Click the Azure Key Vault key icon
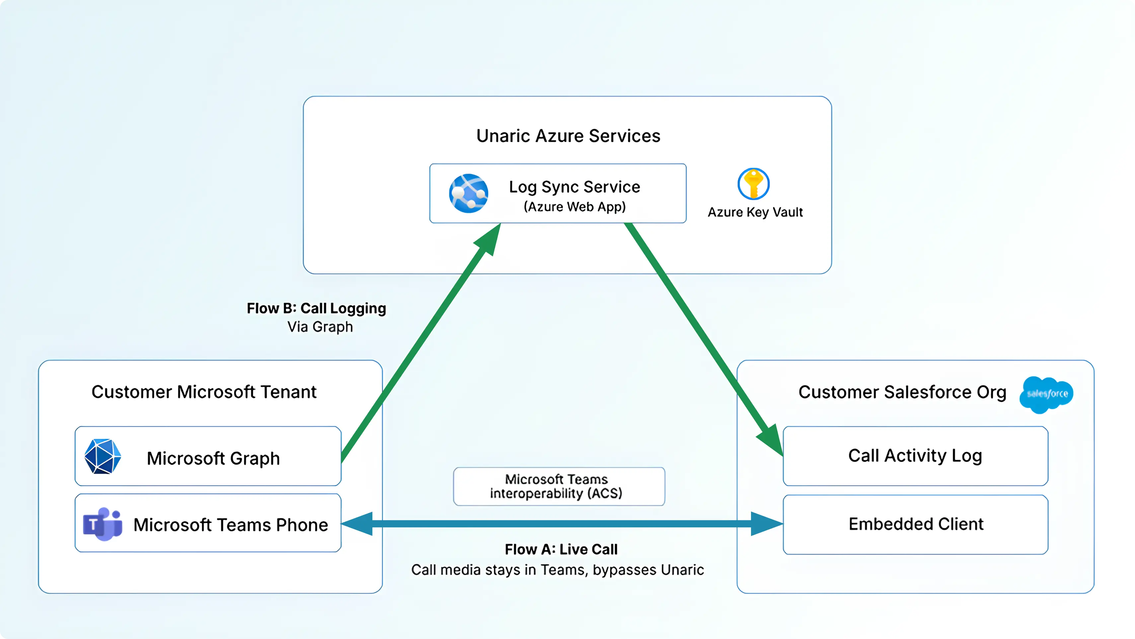pyautogui.click(x=753, y=184)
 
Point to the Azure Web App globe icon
pyautogui.click(x=468, y=194)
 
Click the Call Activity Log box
pyautogui.click(x=915, y=456)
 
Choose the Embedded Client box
pyautogui.click(x=915, y=524)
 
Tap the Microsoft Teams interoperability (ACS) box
pyautogui.click(x=559, y=487)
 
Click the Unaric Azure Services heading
pyautogui.click(x=568, y=136)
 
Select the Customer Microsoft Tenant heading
pyautogui.click(x=204, y=392)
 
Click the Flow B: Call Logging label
pyautogui.click(x=316, y=308)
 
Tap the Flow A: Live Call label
pyautogui.click(x=561, y=549)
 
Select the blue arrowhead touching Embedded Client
pyautogui.click(x=767, y=524)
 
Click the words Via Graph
pyautogui.click(x=320, y=327)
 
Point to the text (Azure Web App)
pyautogui.click(x=574, y=207)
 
